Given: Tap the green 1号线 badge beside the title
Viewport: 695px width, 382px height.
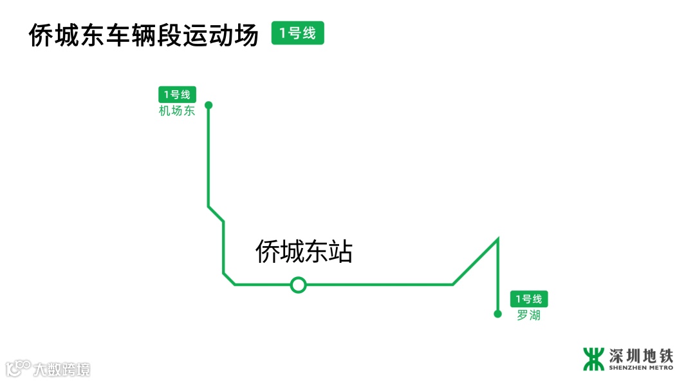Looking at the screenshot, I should tap(297, 33).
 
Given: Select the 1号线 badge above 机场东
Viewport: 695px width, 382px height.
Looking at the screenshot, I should tap(177, 95).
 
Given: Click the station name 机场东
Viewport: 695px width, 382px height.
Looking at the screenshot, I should tap(177, 111).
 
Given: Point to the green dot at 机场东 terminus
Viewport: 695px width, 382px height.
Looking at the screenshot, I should tap(208, 104).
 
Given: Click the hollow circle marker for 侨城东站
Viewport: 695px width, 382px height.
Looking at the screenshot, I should tap(298, 284).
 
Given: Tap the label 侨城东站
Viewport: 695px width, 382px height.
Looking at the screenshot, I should tap(304, 251).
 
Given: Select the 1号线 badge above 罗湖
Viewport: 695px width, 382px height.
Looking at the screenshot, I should tap(530, 299).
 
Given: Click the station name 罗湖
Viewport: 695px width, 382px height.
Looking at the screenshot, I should tap(528, 316).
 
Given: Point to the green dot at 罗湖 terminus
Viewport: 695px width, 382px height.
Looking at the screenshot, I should tap(497, 314).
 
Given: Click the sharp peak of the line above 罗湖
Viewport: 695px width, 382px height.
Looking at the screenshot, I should tap(498, 240).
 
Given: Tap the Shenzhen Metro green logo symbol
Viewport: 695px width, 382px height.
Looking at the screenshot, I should tap(593, 359).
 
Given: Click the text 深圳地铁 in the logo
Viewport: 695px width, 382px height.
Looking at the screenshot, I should tap(640, 355).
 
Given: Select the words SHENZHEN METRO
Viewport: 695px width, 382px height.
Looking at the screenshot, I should tap(640, 368).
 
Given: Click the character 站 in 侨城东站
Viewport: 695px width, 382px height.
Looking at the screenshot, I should tap(340, 251).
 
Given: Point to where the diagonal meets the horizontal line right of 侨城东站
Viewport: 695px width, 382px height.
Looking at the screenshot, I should tap(453, 284).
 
